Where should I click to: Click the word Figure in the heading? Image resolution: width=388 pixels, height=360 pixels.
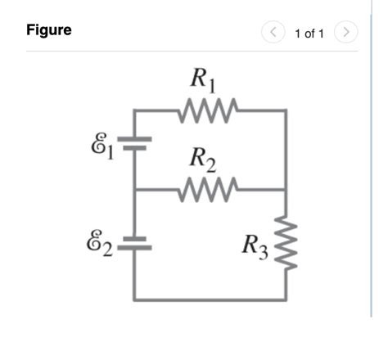tap(49, 30)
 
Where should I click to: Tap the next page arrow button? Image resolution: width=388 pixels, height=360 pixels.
tap(348, 32)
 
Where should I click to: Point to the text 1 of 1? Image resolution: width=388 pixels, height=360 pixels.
tap(309, 33)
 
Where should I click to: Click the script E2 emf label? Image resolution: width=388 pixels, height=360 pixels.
tap(102, 243)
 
